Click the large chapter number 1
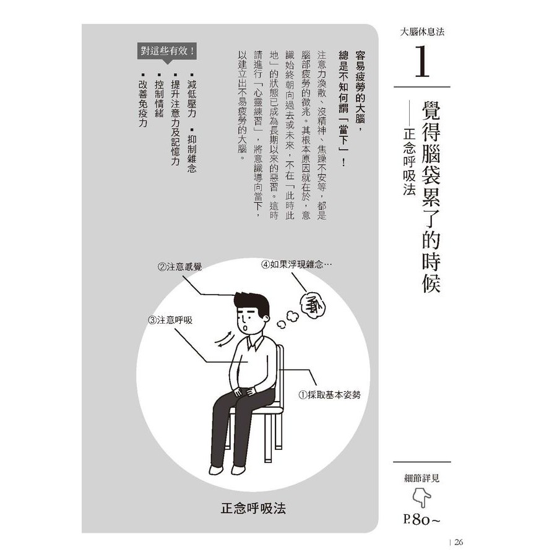[422, 61]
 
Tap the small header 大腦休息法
[422, 32]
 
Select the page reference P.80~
[421, 520]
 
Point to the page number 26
[459, 542]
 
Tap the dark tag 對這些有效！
[167, 51]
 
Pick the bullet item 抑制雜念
[192, 150]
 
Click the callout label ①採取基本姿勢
[329, 395]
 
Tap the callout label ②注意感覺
[179, 267]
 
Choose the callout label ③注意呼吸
[170, 320]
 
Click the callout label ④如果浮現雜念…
[297, 265]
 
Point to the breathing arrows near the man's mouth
[225, 339]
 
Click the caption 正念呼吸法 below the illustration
[253, 508]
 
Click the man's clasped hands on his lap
[244, 392]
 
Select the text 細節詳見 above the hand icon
[421, 478]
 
